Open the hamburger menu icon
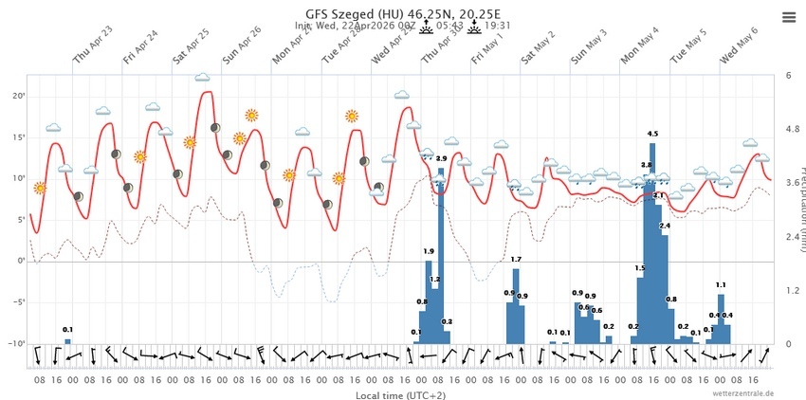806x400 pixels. [789, 16]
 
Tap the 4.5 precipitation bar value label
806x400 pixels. [652, 134]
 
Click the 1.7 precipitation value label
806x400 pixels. [516, 259]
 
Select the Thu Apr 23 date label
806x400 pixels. [92, 46]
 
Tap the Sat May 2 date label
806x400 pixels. [538, 46]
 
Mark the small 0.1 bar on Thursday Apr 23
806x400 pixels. [67, 339]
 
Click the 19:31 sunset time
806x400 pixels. [498, 27]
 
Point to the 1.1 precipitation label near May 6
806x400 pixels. [721, 284]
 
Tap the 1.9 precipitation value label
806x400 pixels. [429, 251]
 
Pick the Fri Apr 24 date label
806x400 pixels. [140, 46]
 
